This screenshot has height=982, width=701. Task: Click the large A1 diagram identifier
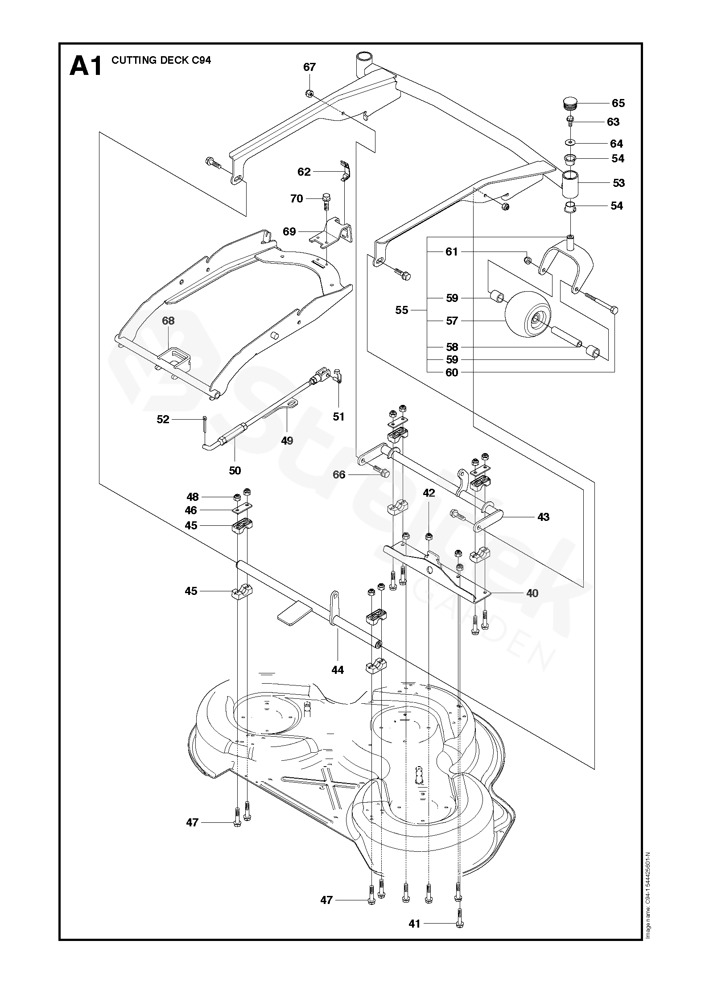[86, 66]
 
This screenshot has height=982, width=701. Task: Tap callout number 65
[618, 103]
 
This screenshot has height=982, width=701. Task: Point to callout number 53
[619, 183]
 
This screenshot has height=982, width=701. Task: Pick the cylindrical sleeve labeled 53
[569, 183]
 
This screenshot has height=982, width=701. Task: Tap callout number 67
[309, 67]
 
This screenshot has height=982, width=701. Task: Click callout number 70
[297, 198]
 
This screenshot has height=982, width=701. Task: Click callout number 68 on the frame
[169, 321]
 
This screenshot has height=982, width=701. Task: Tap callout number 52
[163, 419]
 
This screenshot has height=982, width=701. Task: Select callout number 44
[338, 682]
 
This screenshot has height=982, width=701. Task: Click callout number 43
[544, 517]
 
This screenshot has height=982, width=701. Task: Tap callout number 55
[402, 310]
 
